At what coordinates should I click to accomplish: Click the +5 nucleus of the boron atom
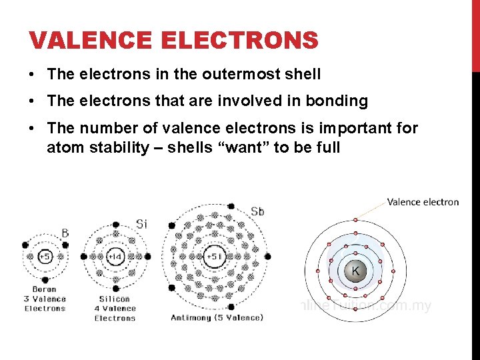(44, 257)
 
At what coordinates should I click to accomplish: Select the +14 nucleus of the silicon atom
(115, 257)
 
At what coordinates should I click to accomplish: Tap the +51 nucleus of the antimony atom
(214, 257)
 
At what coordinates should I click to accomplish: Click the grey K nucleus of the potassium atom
(355, 271)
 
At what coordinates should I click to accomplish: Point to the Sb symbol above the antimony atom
(257, 212)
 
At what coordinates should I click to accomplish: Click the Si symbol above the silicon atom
(141, 224)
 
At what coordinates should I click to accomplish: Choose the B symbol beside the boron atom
(65, 233)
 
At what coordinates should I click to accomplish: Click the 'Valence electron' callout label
(423, 202)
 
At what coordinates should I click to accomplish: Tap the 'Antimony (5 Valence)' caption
(217, 317)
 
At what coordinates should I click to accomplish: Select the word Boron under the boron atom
(45, 290)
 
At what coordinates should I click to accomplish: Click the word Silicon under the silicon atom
(115, 299)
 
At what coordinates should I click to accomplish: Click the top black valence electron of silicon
(115, 221)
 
